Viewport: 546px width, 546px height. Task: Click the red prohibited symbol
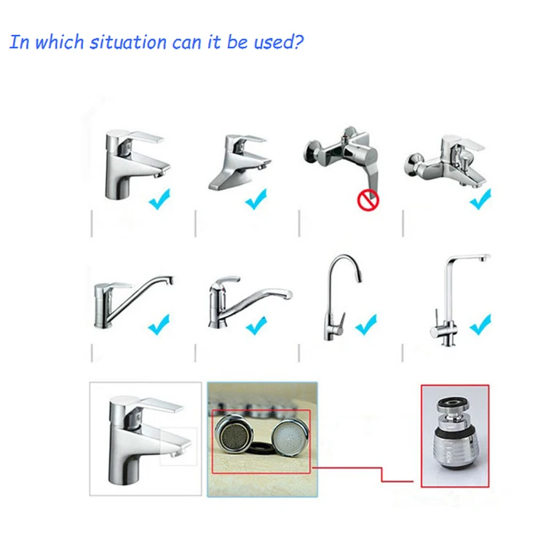(368, 200)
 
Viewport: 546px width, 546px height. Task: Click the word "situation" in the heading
(128, 41)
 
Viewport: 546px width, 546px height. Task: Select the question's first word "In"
(19, 41)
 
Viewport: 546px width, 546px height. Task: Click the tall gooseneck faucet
(343, 297)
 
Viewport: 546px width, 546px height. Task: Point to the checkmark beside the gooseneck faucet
(366, 325)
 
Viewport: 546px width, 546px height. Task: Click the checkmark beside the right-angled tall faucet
(480, 325)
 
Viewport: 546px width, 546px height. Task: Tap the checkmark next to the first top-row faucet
(160, 199)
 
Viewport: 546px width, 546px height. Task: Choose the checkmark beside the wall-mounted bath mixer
(480, 199)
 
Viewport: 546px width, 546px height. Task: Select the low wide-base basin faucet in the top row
(240, 162)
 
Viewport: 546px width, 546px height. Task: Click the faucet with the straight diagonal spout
(133, 302)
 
